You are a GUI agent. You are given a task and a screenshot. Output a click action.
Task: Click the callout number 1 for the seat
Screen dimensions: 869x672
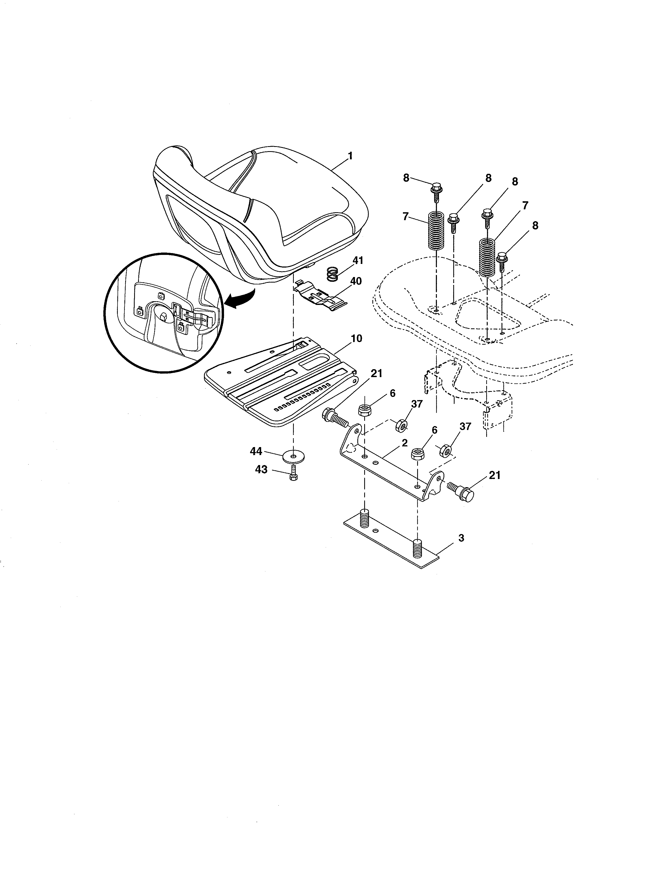350,156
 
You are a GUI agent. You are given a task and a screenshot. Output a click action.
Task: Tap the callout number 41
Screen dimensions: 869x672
358,261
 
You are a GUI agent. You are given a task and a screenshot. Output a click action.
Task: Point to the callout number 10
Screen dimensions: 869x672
356,339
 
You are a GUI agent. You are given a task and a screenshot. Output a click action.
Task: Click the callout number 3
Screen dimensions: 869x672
461,538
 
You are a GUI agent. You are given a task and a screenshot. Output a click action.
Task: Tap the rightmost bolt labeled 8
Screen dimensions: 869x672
502,260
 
